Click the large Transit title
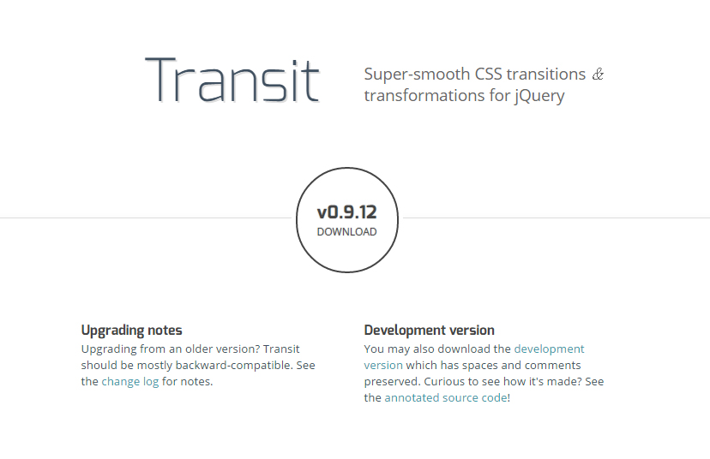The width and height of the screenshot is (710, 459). coord(232,80)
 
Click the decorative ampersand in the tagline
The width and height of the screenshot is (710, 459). coord(598,75)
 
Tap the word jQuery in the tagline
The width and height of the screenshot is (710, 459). coord(539,96)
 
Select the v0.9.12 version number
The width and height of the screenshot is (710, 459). coord(346,212)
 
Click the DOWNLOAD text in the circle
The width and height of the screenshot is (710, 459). coord(346,232)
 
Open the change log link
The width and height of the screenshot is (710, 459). coord(130,382)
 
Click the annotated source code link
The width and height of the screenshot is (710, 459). coord(446,398)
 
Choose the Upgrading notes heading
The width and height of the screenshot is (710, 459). coord(132,331)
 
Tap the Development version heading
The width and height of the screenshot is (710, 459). coord(430,331)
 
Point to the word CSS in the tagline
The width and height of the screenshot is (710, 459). coord(489,75)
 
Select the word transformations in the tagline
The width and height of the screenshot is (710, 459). coord(424,96)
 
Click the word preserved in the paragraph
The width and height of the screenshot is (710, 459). coord(392,382)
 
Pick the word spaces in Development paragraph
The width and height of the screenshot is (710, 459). coord(480,366)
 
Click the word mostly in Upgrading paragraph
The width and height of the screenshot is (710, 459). coord(154,366)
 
